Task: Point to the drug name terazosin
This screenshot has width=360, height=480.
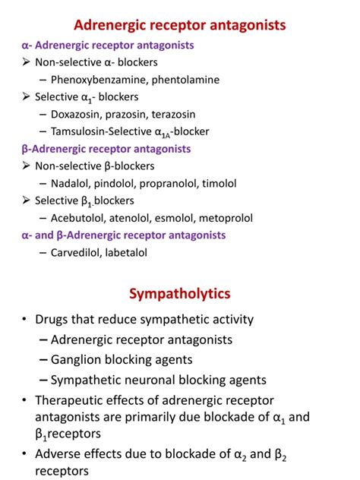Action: (x=193, y=113)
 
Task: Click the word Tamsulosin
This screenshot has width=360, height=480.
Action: (x=82, y=131)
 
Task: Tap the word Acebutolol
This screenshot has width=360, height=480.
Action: (x=81, y=218)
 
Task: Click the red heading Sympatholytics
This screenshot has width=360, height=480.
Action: (x=179, y=293)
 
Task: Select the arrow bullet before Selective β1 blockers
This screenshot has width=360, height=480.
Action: (x=27, y=201)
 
